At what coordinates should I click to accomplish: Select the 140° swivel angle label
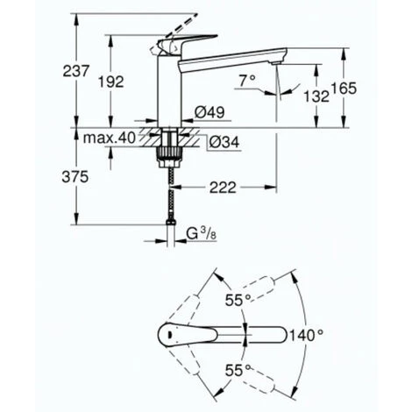click(309, 335)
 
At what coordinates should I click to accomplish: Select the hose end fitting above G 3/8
click(168, 227)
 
